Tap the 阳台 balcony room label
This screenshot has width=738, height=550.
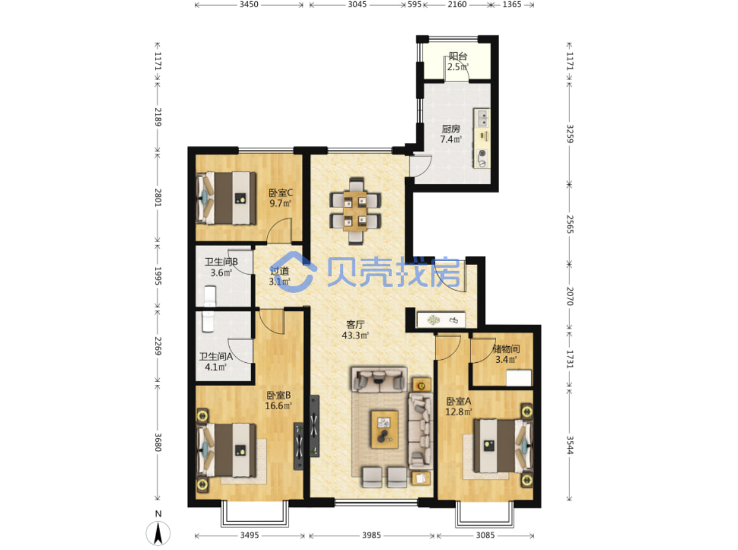pyautogui.click(x=458, y=56)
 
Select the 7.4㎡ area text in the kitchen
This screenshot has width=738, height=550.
pyautogui.click(x=451, y=139)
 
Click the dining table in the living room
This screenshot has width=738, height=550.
pyautogui.click(x=355, y=210)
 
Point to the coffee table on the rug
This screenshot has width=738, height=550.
pyautogui.click(x=385, y=429)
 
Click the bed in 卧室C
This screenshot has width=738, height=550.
pyautogui.click(x=227, y=198)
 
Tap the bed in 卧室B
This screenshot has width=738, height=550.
pyautogui.click(x=227, y=450)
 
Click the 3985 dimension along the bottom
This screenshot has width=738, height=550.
pyautogui.click(x=371, y=535)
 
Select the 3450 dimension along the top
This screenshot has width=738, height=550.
pyautogui.click(x=249, y=4)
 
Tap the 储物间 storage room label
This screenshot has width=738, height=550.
pyautogui.click(x=506, y=349)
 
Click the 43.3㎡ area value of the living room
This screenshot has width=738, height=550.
pyautogui.click(x=355, y=335)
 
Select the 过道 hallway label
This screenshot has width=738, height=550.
pyautogui.click(x=279, y=270)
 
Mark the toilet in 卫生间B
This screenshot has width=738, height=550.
pyautogui.click(x=210, y=295)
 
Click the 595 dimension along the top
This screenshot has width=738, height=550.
pyautogui.click(x=414, y=4)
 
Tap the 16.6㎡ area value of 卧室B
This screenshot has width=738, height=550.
pyautogui.click(x=278, y=406)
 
